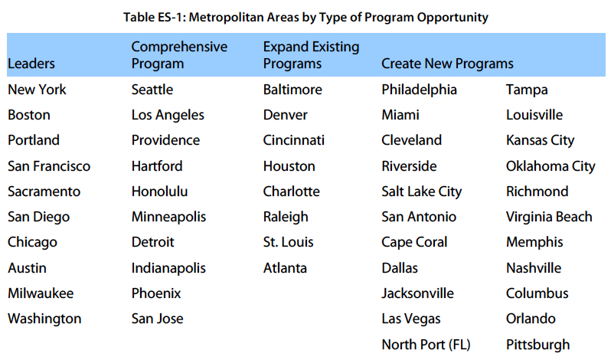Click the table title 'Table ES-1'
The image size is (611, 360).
click(x=305, y=17)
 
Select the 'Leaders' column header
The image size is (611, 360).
click(x=31, y=64)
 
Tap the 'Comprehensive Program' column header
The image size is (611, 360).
click(x=179, y=55)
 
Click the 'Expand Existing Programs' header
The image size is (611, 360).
click(x=311, y=55)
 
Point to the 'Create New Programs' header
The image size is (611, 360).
click(x=447, y=64)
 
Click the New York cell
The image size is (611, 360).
click(x=37, y=90)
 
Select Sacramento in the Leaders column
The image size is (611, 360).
click(x=44, y=191)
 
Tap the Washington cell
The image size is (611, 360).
click(x=44, y=319)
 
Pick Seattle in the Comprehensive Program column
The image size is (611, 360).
click(x=152, y=90)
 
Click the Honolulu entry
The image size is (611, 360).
click(x=159, y=191)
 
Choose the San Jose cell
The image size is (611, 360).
click(x=157, y=319)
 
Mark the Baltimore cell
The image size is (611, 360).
click(x=292, y=90)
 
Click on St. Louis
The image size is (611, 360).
click(x=288, y=242)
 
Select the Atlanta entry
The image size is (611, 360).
click(x=285, y=268)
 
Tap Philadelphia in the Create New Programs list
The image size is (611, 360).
click(x=419, y=90)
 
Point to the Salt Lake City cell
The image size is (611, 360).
click(x=421, y=191)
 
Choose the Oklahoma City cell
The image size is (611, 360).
click(x=551, y=166)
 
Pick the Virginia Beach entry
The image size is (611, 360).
click(x=549, y=217)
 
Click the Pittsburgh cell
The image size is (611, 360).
click(x=537, y=345)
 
